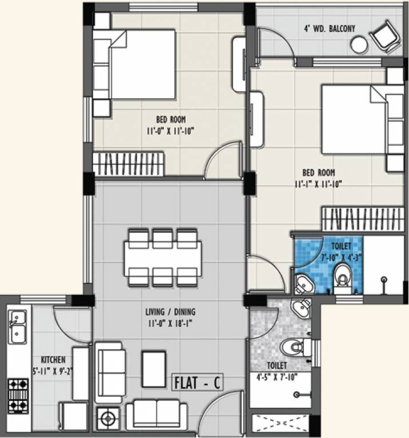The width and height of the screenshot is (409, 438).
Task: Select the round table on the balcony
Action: [359, 44]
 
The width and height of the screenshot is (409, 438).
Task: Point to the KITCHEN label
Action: [53, 360]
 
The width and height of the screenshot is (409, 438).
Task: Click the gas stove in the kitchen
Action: [18, 396]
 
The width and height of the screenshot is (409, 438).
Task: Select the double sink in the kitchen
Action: [18, 326]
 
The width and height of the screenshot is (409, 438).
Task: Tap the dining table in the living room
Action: [163, 258]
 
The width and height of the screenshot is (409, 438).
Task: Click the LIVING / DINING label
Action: [171, 312]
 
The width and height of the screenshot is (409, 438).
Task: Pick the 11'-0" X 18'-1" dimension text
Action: [171, 322]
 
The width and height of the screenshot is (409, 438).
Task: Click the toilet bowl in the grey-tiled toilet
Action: [292, 347]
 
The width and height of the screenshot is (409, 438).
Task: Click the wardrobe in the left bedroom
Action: [128, 164]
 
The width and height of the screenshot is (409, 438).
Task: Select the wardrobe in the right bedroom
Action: [354, 219]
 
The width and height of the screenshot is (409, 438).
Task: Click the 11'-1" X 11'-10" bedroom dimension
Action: [318, 184]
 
